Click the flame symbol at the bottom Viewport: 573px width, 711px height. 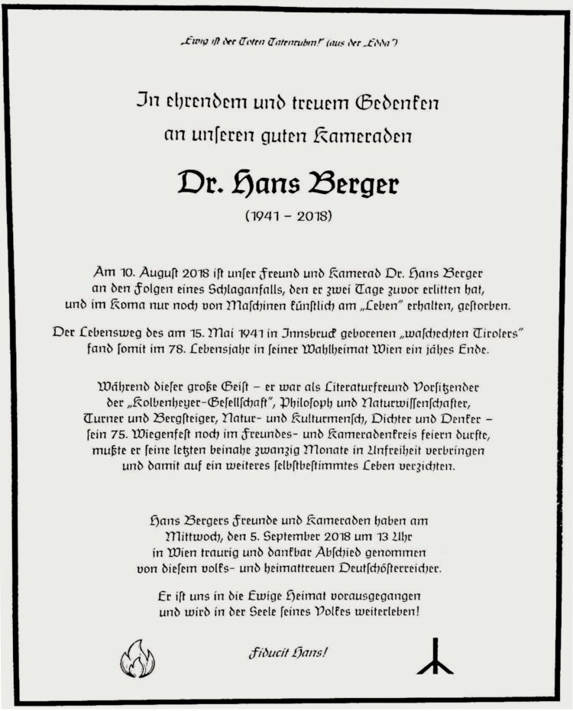(x=138, y=658)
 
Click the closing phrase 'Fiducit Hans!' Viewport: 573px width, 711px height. (x=287, y=654)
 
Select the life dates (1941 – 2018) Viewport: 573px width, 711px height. (x=288, y=217)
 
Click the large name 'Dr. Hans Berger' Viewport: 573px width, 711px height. (x=287, y=183)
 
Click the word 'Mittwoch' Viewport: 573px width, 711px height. (x=178, y=536)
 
